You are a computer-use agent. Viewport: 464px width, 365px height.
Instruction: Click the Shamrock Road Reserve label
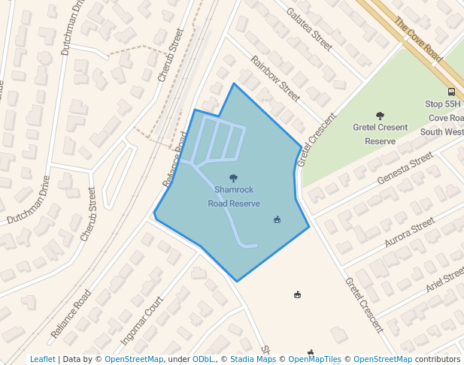[234, 197]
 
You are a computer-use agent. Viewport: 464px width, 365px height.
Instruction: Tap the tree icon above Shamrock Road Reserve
[234, 178]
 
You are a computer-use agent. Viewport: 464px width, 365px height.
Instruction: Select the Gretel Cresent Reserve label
[380, 134]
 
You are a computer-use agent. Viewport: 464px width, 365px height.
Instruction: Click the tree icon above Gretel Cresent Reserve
[380, 116]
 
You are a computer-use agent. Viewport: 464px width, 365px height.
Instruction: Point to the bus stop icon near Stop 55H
[450, 89]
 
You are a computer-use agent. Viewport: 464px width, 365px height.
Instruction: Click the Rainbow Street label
[275, 78]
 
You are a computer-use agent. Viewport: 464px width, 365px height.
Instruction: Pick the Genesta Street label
[406, 168]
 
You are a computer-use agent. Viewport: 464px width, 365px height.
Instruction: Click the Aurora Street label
[409, 233]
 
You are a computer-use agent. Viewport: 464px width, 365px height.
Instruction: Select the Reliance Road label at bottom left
[71, 312]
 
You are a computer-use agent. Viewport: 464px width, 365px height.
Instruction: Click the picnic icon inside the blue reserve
[277, 220]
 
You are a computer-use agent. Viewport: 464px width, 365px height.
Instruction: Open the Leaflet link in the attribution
[43, 359]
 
